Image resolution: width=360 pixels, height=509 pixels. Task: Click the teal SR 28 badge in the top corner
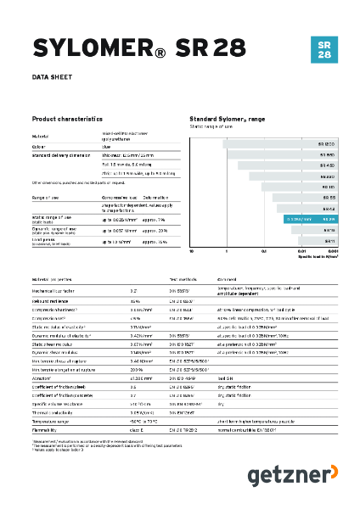(323, 50)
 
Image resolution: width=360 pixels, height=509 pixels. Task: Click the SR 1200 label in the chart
(326, 144)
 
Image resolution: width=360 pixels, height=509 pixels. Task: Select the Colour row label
(41, 146)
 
